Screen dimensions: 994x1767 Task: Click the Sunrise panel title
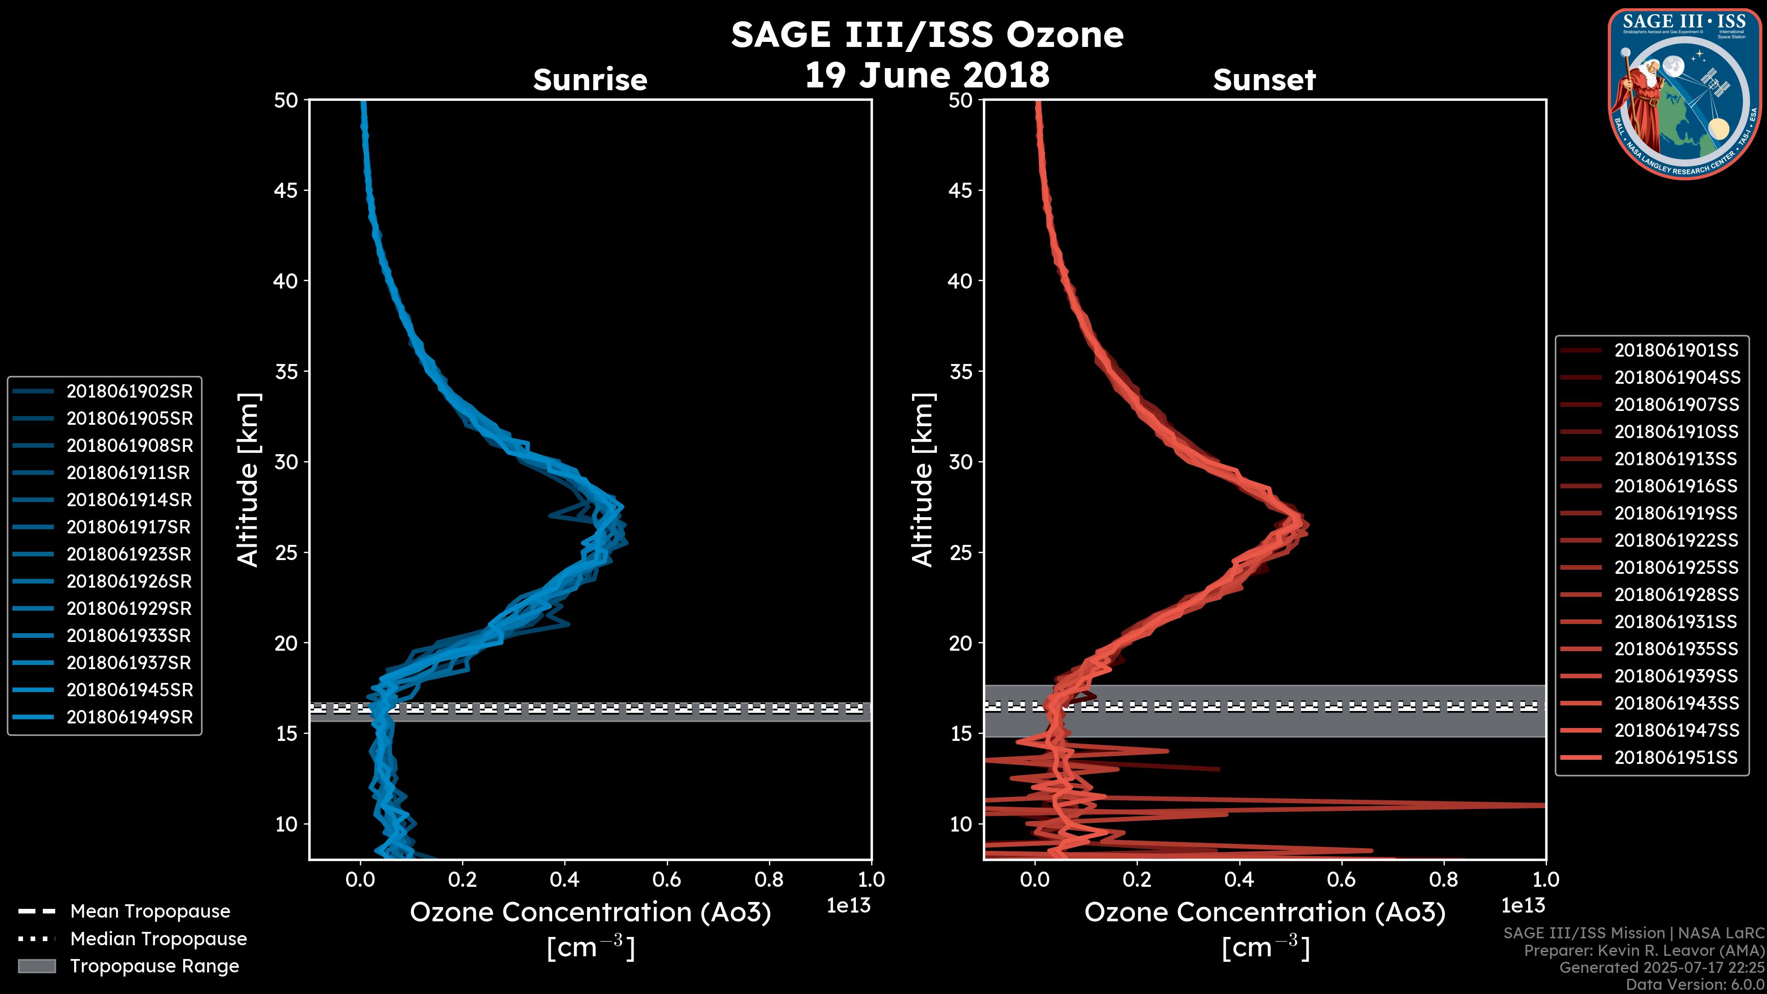pos(590,80)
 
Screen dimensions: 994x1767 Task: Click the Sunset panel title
pos(1264,80)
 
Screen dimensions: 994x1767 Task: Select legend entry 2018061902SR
pos(129,391)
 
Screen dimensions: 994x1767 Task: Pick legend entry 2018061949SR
pos(129,717)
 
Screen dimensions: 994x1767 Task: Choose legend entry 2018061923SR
pos(129,554)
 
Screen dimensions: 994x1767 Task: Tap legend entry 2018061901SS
pos(1676,351)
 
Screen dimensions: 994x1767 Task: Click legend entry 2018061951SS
pos(1676,757)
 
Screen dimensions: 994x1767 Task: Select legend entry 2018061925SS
pos(1676,567)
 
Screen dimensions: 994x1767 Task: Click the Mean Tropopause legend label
pos(150,911)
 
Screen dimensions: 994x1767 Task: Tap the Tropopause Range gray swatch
pos(36,966)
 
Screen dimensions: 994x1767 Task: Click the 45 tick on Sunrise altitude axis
pos(286,190)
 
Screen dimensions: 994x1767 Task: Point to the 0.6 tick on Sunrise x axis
pos(667,879)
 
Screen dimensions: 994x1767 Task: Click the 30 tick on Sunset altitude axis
pos(960,462)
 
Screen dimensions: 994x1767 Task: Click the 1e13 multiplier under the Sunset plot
pos(1523,906)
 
